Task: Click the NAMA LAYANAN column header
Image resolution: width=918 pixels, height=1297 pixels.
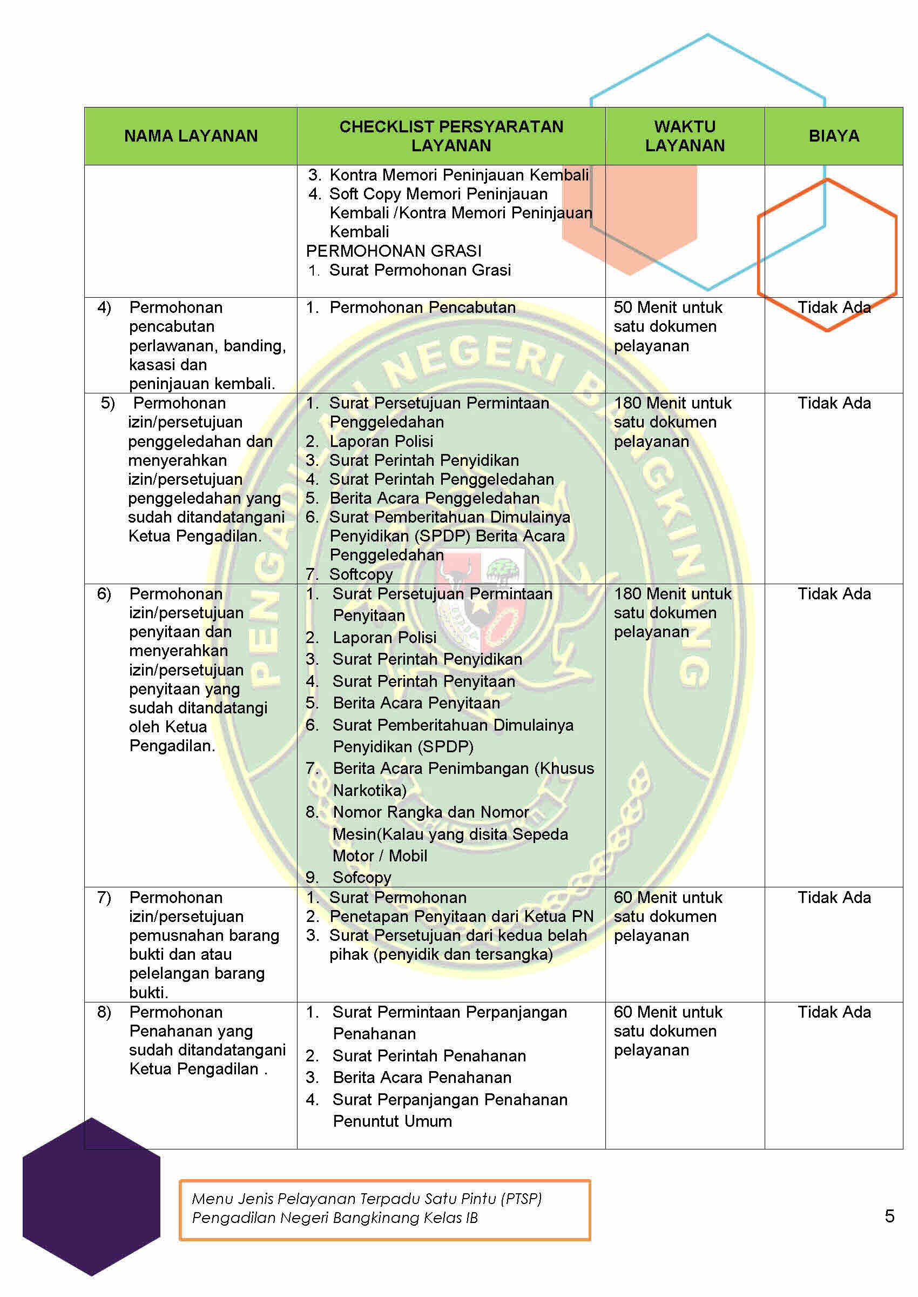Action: tap(191, 136)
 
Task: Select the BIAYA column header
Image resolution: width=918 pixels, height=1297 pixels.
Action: tap(833, 136)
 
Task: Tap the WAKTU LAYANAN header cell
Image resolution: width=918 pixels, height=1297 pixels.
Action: tap(685, 136)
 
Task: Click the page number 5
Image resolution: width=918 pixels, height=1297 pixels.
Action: tap(889, 1215)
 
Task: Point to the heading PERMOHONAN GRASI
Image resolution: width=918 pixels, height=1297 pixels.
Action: tap(394, 251)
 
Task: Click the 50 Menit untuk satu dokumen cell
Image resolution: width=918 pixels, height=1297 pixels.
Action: tap(667, 326)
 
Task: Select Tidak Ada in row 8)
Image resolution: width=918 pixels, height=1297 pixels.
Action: tap(834, 1012)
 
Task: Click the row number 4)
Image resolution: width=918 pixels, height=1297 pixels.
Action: tap(105, 307)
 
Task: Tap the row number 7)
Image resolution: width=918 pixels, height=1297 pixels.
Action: tap(105, 898)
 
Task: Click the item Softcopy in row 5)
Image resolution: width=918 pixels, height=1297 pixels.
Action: tap(361, 574)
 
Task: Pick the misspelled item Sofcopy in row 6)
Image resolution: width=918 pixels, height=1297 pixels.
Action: tap(361, 877)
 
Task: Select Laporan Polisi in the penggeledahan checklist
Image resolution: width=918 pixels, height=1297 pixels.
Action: tap(381, 441)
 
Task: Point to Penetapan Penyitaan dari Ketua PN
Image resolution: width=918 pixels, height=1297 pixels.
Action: tap(461, 917)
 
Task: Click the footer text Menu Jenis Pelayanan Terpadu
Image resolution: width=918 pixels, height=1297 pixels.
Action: tap(366, 1198)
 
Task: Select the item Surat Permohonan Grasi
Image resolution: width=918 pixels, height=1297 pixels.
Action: tap(420, 270)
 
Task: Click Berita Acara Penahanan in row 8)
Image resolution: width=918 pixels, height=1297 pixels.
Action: tap(422, 1078)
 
